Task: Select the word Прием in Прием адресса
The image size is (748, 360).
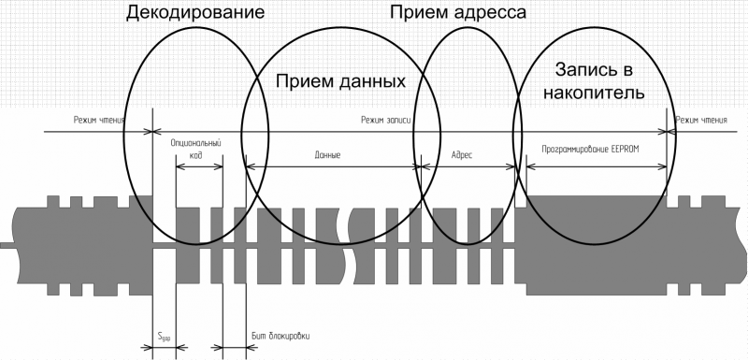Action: click(x=417, y=13)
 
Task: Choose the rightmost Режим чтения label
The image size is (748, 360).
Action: click(x=701, y=120)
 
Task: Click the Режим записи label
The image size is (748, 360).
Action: click(x=386, y=120)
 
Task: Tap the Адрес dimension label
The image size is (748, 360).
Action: click(x=463, y=155)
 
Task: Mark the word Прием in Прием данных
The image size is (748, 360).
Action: click(x=304, y=81)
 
